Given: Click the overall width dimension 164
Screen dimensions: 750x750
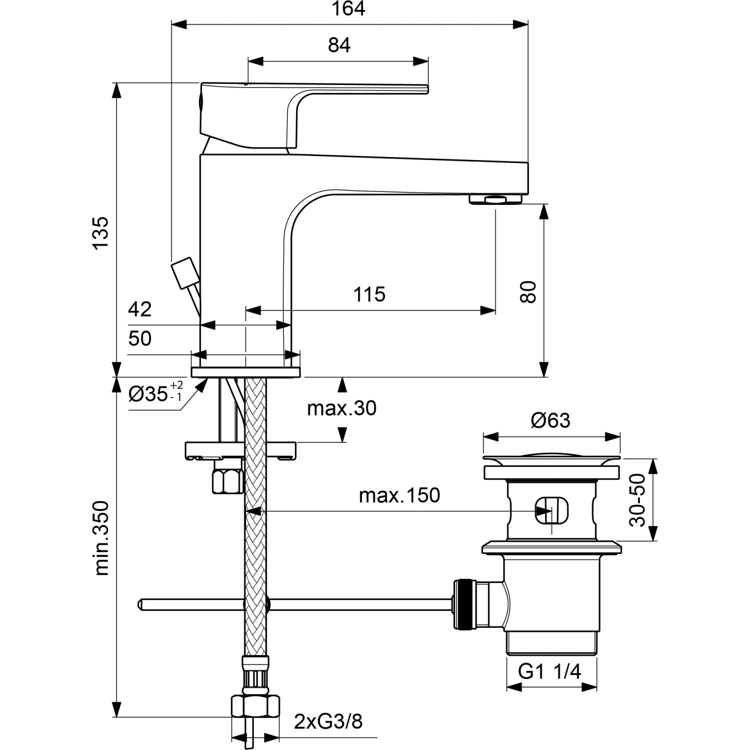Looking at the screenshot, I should tap(348, 9).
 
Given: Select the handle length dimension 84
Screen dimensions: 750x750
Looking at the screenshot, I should tap(339, 45).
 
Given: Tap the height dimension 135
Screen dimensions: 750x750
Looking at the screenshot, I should tap(100, 232).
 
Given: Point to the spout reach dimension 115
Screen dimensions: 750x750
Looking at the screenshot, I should tap(369, 294).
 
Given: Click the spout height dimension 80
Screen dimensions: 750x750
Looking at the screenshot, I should tap(528, 292).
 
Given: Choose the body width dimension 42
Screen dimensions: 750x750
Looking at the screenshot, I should tap(139, 309).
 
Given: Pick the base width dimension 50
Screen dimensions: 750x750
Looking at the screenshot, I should tap(139, 338).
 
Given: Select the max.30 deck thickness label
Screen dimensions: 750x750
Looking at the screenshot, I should tap(341, 408).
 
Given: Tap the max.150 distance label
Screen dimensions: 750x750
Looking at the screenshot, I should tap(399, 495).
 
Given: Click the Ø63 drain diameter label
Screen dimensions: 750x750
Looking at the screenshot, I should tap(550, 420).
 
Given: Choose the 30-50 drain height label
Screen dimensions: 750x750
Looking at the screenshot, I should tap(638, 500).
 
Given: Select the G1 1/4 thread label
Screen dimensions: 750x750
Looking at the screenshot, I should tap(549, 671).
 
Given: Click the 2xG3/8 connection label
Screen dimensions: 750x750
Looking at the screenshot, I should tap(328, 721).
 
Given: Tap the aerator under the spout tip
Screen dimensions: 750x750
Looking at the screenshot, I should tap(495, 199).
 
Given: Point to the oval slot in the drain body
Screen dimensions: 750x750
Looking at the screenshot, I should tap(551, 510).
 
